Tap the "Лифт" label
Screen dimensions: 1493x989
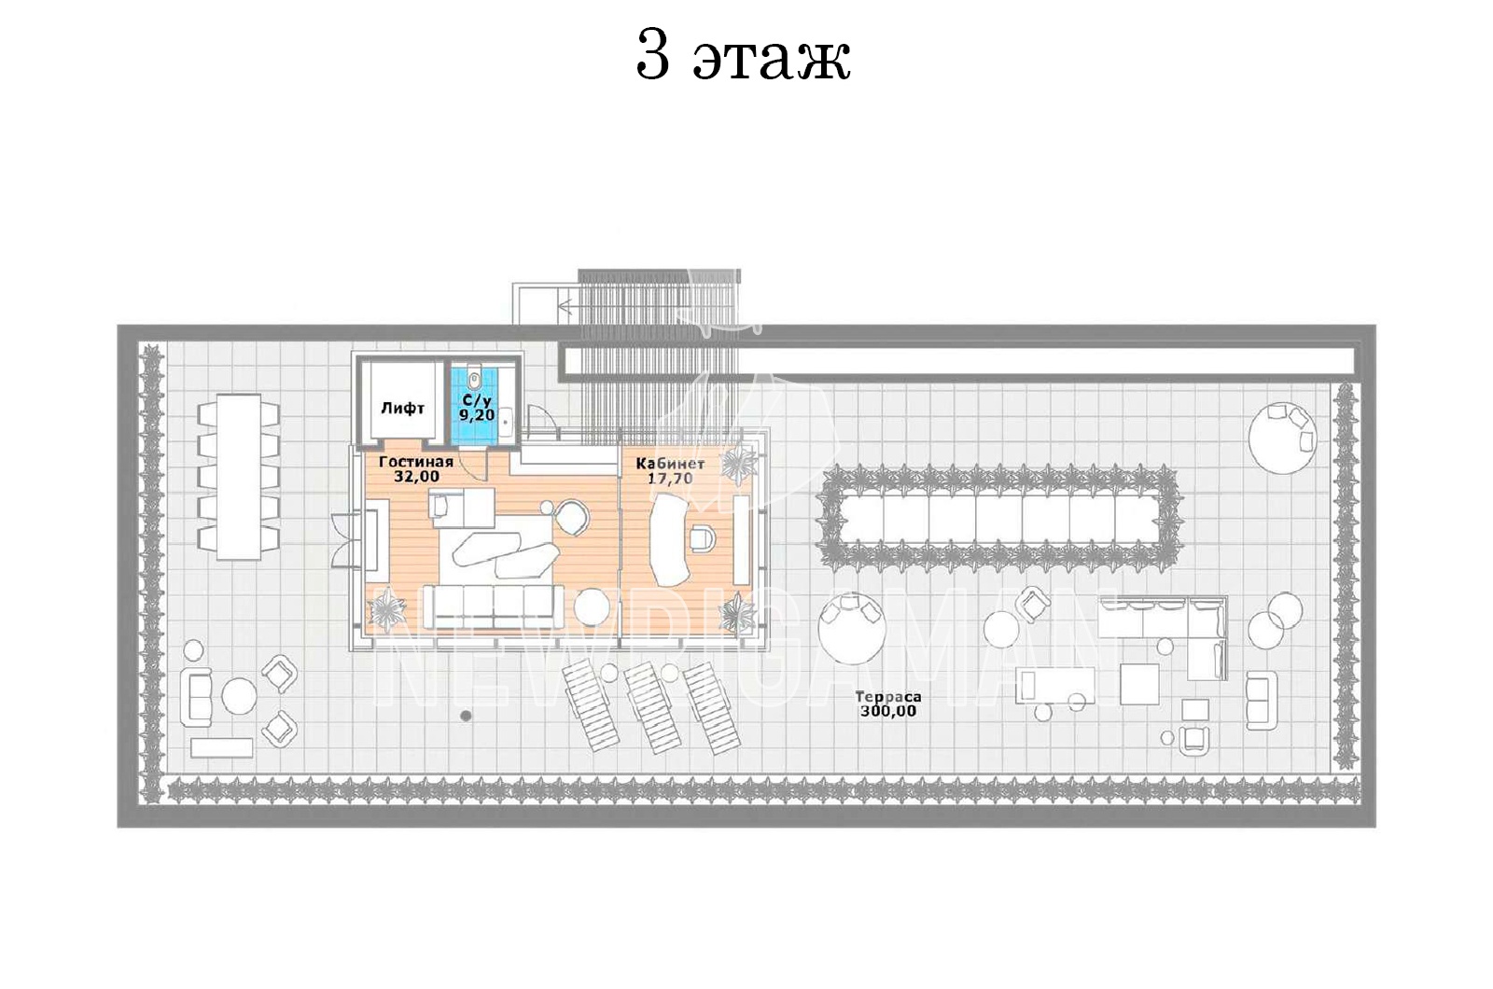[402, 408]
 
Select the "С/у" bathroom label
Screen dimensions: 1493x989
[477, 400]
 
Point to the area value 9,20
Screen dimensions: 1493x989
[477, 414]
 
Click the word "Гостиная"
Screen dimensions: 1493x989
[416, 462]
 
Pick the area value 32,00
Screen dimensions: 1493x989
[416, 477]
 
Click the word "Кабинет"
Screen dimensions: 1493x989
[670, 464]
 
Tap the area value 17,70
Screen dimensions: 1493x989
[670, 479]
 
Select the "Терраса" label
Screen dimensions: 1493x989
[887, 697]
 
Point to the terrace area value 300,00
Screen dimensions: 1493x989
[887, 711]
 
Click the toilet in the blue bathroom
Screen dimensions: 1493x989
[474, 379]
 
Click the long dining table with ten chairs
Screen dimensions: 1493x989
[238, 477]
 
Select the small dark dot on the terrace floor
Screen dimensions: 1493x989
[466, 716]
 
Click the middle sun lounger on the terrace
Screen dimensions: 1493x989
[652, 706]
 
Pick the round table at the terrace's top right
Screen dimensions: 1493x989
[1282, 438]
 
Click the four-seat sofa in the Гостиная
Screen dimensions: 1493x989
[493, 606]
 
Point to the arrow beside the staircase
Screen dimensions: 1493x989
[566, 307]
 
